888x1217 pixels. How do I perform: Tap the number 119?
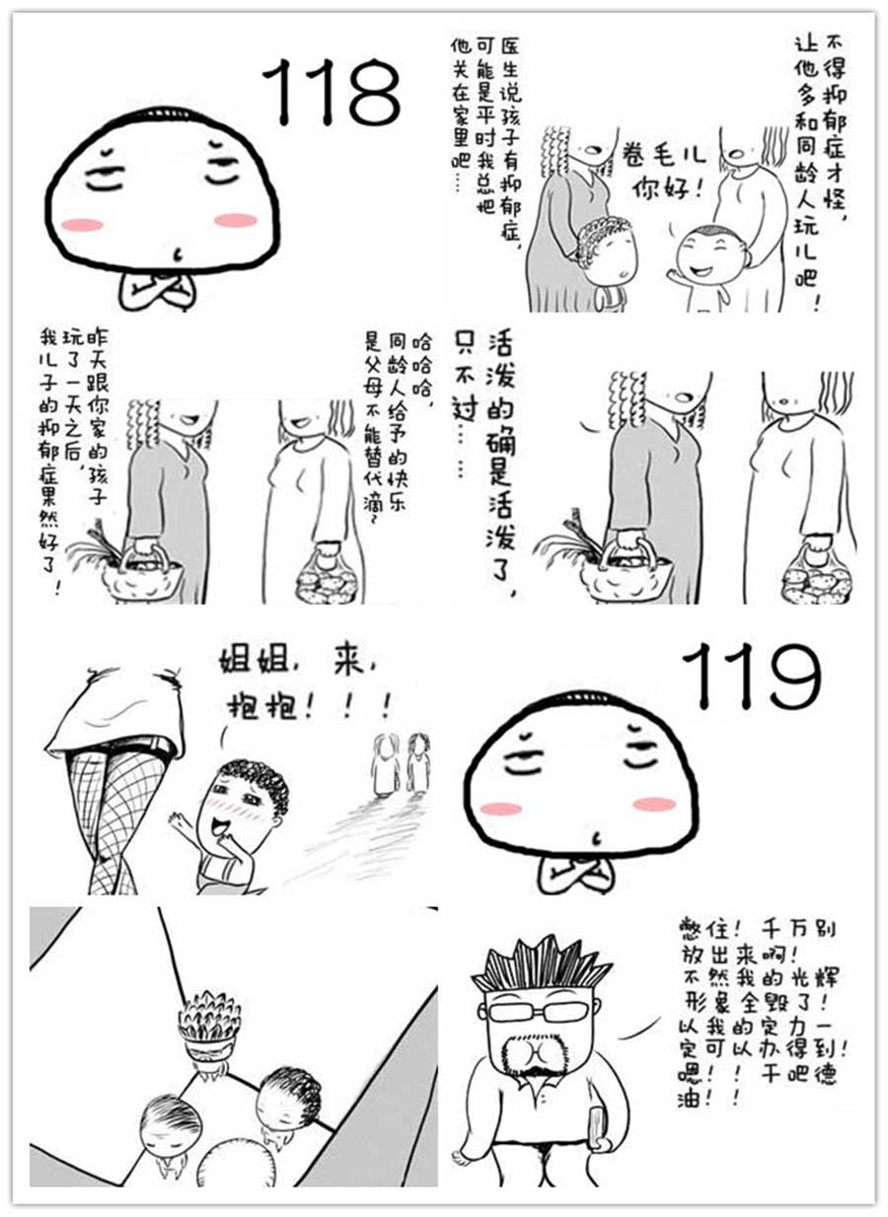(751, 677)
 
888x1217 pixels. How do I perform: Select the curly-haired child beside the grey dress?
(604, 258)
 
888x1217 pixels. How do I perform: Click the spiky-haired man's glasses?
(538, 1012)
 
